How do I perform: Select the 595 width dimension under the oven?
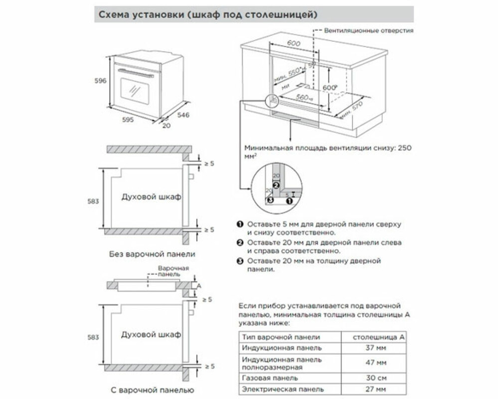[129, 120]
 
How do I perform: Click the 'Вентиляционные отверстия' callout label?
[368, 30]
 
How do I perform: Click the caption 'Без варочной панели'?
[152, 254]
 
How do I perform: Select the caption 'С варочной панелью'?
[151, 390]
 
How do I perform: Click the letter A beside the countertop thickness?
[199, 286]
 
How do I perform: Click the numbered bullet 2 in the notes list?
[240, 242]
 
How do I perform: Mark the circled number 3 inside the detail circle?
[270, 200]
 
